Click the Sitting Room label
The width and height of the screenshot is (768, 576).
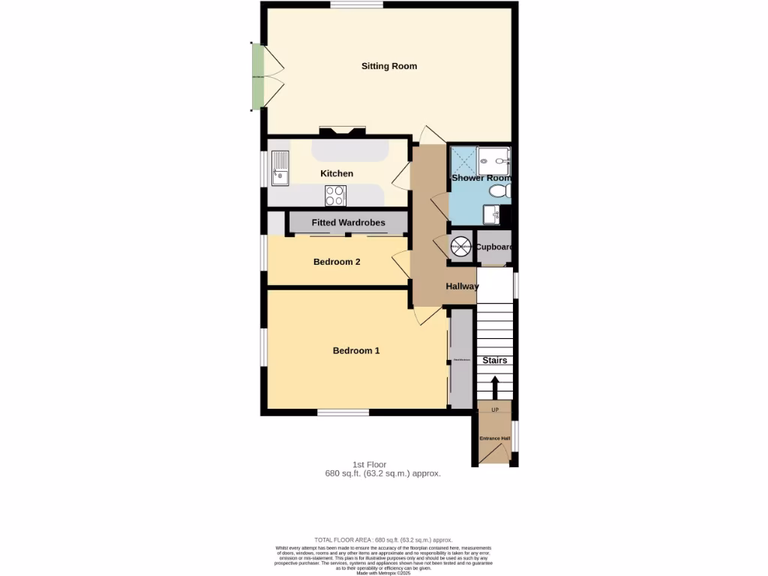(388, 66)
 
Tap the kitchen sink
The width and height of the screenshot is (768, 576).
(280, 166)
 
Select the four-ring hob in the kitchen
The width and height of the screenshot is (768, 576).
(335, 195)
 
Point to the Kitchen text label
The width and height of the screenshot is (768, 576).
(337, 173)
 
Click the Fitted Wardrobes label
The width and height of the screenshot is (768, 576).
(348, 223)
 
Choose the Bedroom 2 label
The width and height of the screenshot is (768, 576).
(337, 262)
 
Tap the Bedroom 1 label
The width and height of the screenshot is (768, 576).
(356, 350)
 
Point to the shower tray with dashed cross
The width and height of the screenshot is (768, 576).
(463, 160)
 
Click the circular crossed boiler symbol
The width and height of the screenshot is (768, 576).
(460, 247)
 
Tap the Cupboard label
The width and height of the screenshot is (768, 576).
(494, 247)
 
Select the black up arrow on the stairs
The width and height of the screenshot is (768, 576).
(494, 388)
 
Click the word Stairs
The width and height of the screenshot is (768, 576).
(494, 360)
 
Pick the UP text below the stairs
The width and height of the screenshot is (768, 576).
(495, 409)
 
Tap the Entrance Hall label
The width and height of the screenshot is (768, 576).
(495, 438)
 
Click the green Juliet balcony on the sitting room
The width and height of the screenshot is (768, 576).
(257, 76)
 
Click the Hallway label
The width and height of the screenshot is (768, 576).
(462, 286)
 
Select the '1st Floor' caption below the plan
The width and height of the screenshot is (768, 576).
(369, 464)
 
